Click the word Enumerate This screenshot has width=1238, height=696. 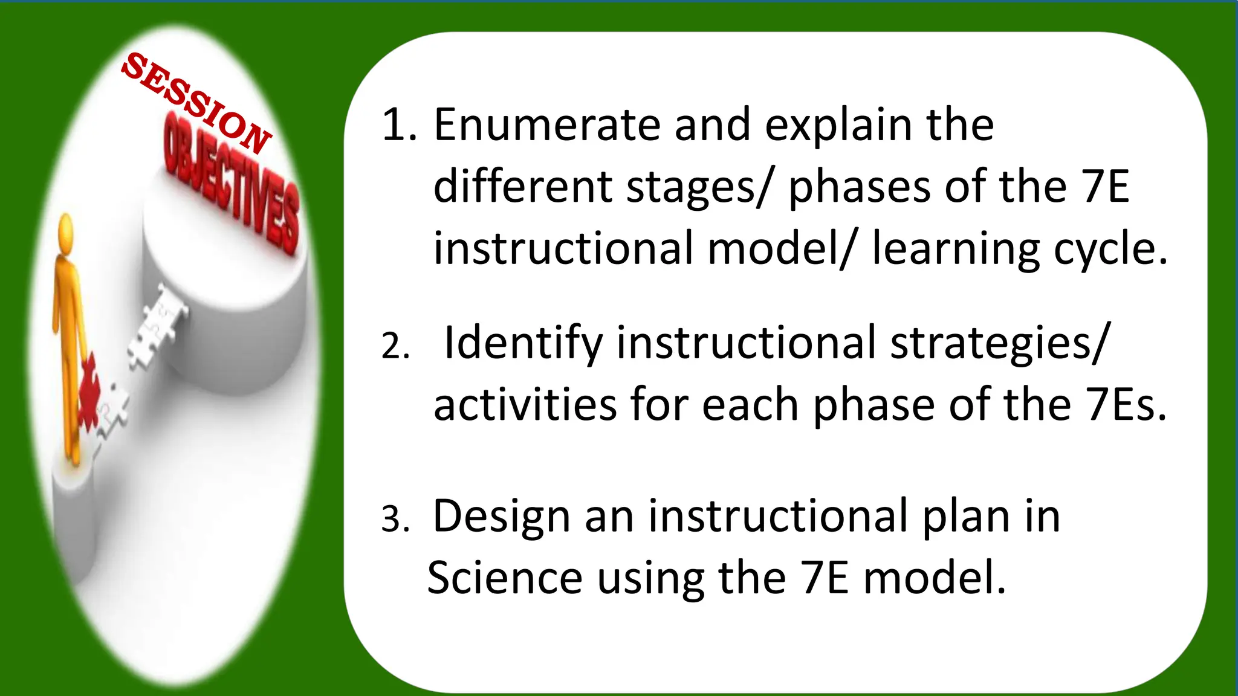tap(546, 125)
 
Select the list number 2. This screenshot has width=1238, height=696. tap(396, 346)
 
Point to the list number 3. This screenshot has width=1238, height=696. tap(396, 518)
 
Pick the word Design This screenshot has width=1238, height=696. tap(501, 517)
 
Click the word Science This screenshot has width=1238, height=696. tap(505, 578)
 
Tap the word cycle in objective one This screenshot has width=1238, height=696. tap(1110, 249)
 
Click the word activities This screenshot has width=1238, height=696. tap(525, 405)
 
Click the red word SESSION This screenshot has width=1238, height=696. tap(196, 103)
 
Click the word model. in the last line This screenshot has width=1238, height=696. tap(935, 578)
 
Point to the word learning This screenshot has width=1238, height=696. tap(956, 249)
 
